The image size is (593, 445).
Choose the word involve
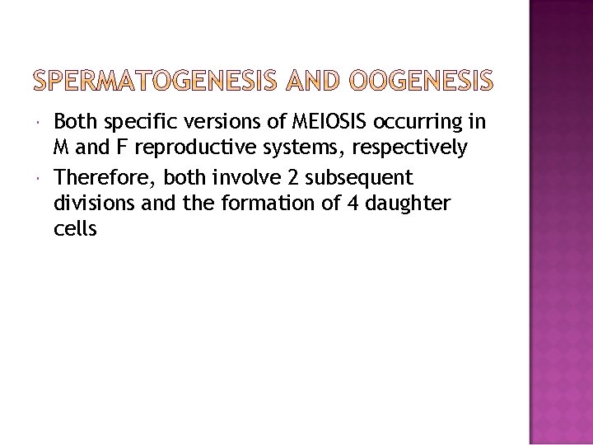(240, 177)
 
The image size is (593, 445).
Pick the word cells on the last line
(75, 229)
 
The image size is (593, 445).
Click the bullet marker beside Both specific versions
(41, 123)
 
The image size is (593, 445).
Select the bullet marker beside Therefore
(41, 177)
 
